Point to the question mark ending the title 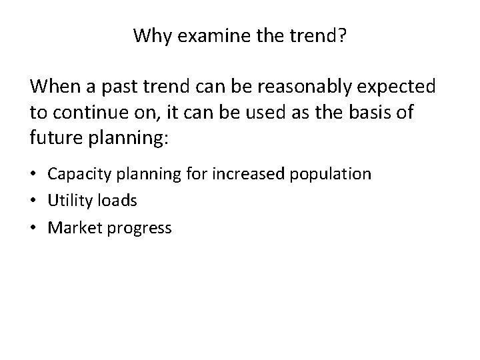[341, 35]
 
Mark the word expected [397, 87]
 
